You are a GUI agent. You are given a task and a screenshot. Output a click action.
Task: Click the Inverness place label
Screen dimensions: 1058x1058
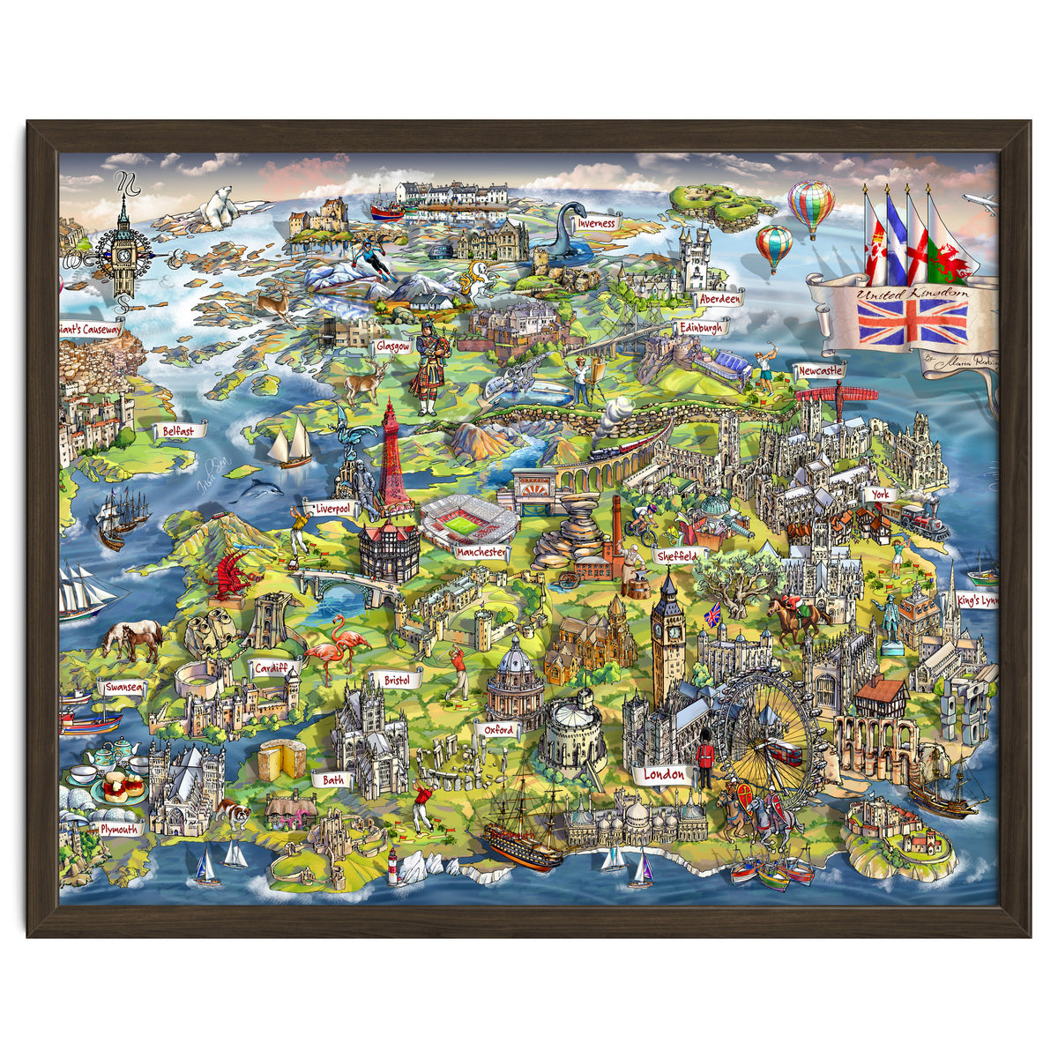point(597,224)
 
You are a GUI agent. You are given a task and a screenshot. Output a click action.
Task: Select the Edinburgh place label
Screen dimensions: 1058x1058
point(702,328)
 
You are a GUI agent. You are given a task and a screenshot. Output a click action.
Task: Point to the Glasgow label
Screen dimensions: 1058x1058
point(392,346)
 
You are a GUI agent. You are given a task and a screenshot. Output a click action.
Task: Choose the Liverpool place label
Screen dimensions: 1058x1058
point(331,509)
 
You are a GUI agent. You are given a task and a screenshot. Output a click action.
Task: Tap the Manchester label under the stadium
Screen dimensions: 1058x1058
point(482,552)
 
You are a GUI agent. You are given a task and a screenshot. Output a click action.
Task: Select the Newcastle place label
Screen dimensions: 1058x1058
point(820,372)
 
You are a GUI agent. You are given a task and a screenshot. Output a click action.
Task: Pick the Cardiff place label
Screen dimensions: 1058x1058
point(271,667)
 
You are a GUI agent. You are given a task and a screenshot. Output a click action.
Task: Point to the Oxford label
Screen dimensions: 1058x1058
point(498,730)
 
